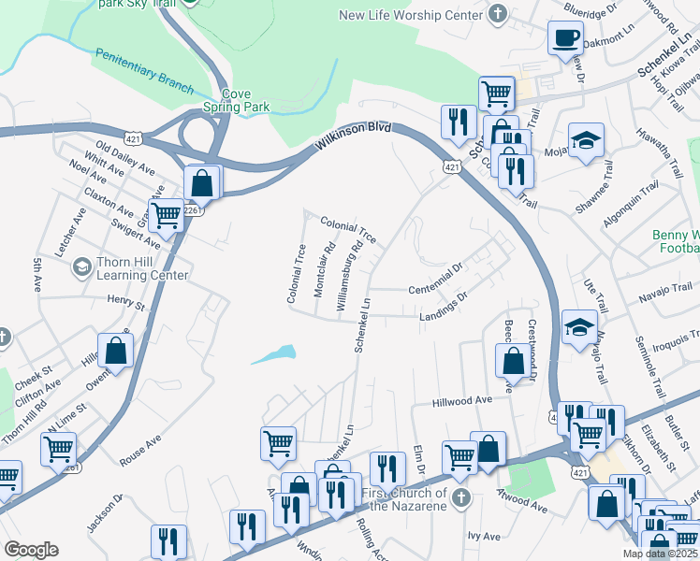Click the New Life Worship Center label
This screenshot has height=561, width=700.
(x=410, y=14)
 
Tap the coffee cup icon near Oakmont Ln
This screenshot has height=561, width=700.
(x=564, y=38)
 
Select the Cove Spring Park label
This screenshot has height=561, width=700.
(x=245, y=100)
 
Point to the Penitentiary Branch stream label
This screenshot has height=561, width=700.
(x=143, y=75)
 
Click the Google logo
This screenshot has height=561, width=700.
(x=30, y=550)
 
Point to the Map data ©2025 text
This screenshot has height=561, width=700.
(x=660, y=554)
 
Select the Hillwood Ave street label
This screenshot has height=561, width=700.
(x=461, y=401)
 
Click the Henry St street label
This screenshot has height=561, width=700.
(x=126, y=303)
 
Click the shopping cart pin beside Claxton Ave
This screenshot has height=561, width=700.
(x=166, y=214)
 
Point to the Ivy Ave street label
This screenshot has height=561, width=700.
(x=488, y=537)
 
